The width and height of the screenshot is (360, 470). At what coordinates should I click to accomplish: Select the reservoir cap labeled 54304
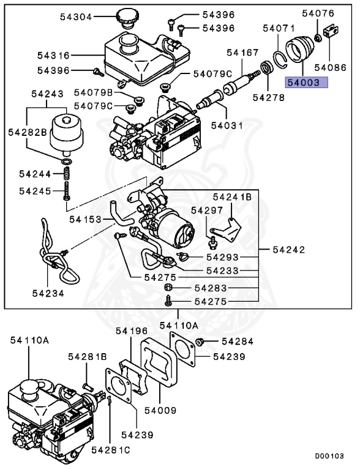pos(130,18)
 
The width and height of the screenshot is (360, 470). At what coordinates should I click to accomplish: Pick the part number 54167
pos(243,53)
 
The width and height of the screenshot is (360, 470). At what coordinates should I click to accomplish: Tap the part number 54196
pos(132,331)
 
